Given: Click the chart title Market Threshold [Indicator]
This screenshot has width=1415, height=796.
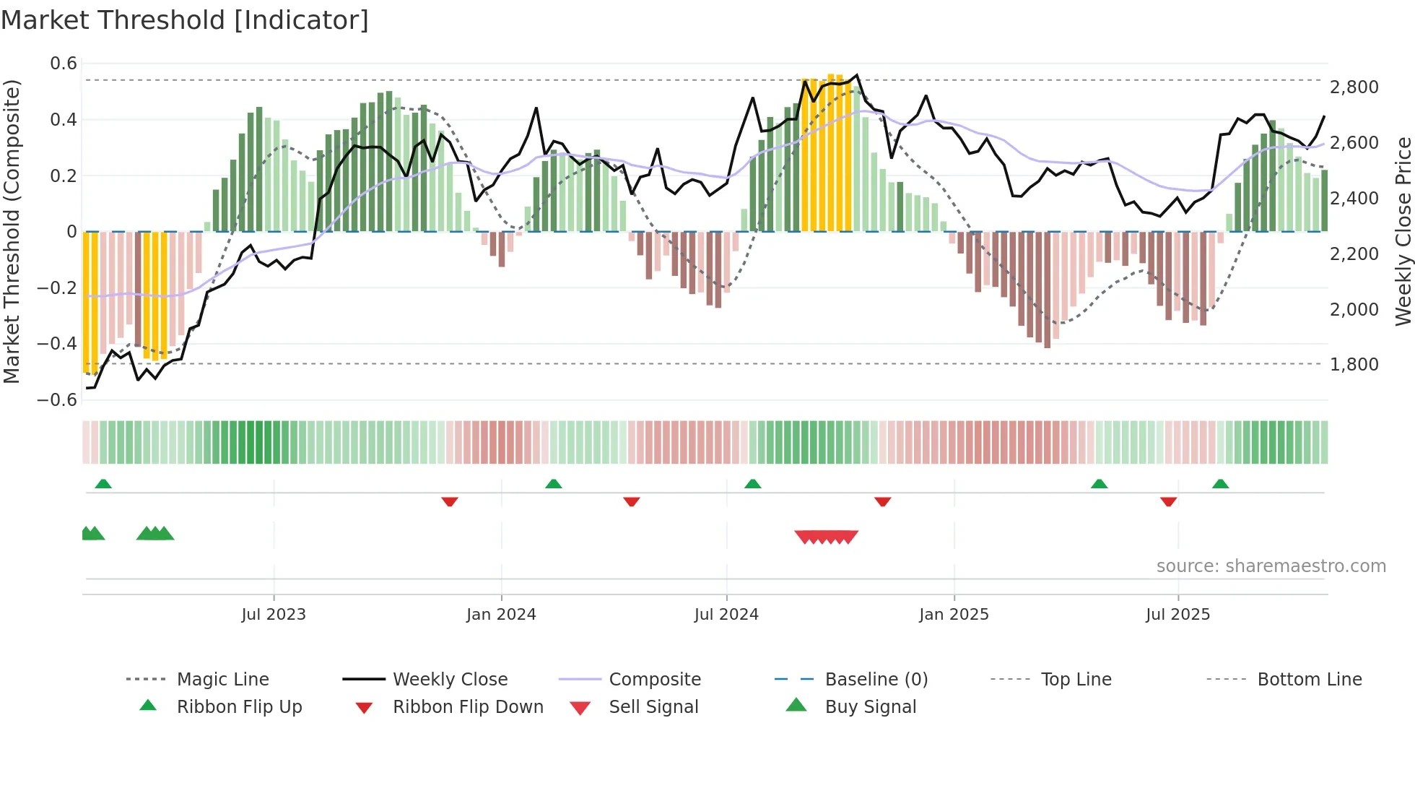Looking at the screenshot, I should [185, 20].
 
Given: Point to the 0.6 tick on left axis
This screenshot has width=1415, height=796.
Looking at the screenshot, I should [64, 64].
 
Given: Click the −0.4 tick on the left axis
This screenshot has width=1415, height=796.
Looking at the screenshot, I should [57, 343].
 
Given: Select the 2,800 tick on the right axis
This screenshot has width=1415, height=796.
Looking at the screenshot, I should [1354, 87].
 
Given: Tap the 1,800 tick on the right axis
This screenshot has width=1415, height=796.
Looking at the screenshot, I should [1354, 365].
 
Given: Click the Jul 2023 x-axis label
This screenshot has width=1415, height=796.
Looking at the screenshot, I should [274, 615].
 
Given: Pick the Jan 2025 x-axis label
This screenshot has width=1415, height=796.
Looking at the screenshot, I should [954, 615].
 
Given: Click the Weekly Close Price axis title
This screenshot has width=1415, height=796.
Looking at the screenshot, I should [1403, 231].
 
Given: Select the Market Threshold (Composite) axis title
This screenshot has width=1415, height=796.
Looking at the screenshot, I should [12, 231].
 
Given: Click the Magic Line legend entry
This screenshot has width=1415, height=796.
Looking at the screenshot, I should [222, 680].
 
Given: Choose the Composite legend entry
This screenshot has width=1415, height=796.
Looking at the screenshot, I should [654, 680].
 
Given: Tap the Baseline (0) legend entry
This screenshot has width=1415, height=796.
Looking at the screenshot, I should [876, 680].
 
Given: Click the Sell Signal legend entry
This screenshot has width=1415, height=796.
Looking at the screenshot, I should [653, 707].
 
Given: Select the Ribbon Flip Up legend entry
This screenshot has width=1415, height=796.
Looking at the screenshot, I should [239, 707].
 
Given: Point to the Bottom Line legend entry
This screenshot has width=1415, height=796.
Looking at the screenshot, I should [1309, 680].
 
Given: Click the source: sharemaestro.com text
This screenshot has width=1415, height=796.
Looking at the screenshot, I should [1271, 566].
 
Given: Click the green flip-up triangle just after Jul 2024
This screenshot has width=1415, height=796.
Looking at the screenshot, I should [753, 484].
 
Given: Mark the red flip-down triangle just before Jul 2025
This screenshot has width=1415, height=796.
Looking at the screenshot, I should [1169, 501].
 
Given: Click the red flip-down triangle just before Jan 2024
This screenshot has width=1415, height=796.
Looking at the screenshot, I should [450, 501].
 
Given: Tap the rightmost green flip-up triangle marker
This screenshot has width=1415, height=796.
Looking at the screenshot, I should [1221, 484].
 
